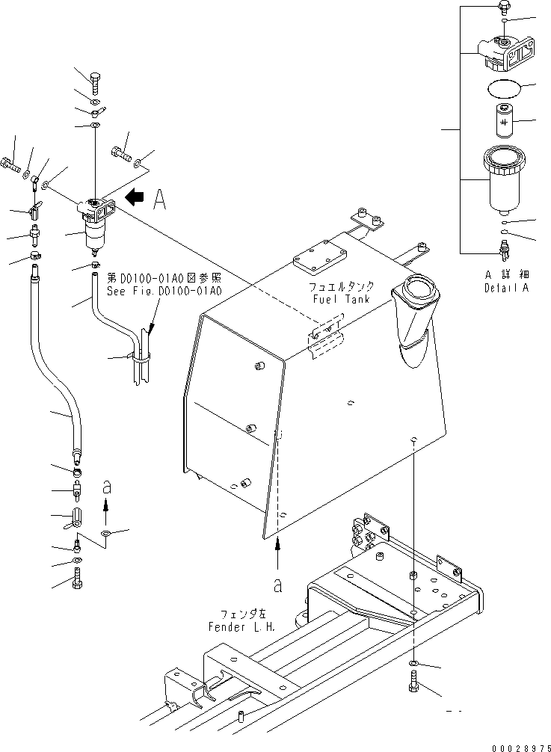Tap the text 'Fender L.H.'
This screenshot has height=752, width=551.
241,626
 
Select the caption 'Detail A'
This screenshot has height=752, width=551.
506,287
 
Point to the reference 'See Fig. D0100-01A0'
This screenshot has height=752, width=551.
170,292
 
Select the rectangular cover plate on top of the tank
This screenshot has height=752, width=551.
319,256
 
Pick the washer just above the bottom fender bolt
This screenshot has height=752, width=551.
415,663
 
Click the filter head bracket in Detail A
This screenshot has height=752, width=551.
508,52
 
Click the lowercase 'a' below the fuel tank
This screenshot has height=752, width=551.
277,585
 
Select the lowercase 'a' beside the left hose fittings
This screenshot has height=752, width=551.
106,486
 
